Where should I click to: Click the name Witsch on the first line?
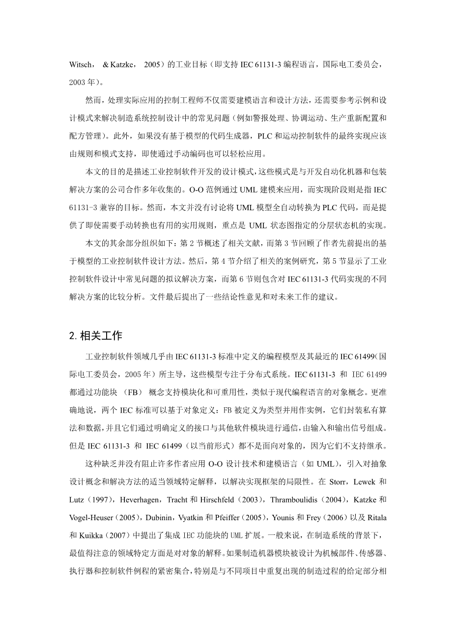click(80, 65)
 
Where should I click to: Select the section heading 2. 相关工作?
click(96, 336)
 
